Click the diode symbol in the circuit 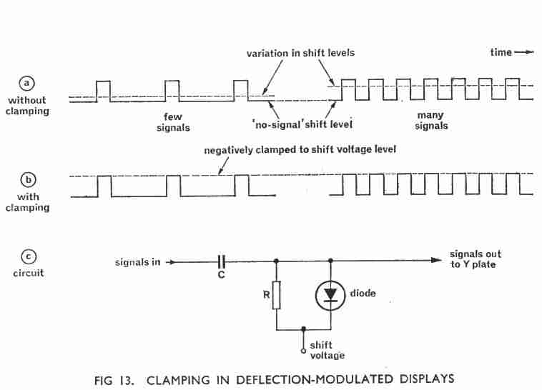[x=330, y=295]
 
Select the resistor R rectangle [x=276, y=295]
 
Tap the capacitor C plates [x=222, y=262]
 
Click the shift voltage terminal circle [x=303, y=351]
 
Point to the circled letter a [x=27, y=84]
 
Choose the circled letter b [x=29, y=180]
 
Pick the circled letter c [x=29, y=257]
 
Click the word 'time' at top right [x=501, y=53]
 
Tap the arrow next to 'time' [x=524, y=53]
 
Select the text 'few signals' [x=173, y=122]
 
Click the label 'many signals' [x=431, y=121]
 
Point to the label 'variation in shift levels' [x=300, y=53]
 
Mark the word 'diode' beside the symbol [x=363, y=294]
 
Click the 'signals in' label [x=137, y=263]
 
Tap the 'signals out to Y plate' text [x=476, y=259]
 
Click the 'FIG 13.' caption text [x=114, y=380]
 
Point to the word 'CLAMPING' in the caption [x=178, y=380]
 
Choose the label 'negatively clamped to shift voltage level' [x=300, y=150]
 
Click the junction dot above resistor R [x=276, y=261]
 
